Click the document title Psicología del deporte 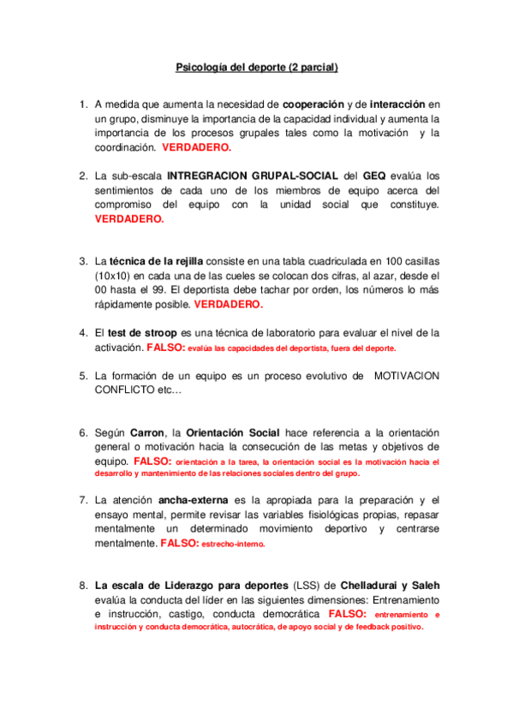(x=256, y=66)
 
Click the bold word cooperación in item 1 (x=319, y=104)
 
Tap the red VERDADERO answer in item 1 (x=197, y=147)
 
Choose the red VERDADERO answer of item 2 (x=128, y=218)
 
